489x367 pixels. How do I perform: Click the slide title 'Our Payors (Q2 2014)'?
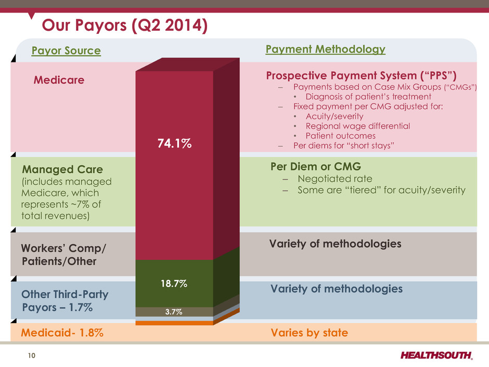tap(125, 26)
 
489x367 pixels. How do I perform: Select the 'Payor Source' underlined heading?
tap(66, 50)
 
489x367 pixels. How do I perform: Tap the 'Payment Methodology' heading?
tap(325, 49)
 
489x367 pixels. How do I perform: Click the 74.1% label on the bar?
tap(174, 143)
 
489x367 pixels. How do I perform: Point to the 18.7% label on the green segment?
tap(174, 283)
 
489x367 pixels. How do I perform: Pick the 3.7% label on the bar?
tap(174, 311)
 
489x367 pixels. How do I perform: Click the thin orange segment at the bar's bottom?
tap(174, 323)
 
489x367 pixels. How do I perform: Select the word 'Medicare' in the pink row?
tap(59, 80)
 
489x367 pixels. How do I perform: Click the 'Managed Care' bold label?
tap(62, 169)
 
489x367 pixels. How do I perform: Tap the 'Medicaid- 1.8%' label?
tap(62, 333)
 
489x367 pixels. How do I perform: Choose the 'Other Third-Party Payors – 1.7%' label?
tap(65, 301)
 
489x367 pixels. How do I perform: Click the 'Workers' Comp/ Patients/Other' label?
tap(63, 255)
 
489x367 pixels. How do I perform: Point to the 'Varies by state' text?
tap(310, 333)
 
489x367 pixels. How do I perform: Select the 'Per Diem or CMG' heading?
tap(316, 167)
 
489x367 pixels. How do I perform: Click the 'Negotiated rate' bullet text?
tap(335, 179)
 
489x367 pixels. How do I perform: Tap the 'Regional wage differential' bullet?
tap(358, 126)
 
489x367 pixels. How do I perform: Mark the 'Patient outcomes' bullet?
tap(341, 136)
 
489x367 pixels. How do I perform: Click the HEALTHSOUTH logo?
tap(436, 355)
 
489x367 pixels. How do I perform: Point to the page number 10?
tap(32, 356)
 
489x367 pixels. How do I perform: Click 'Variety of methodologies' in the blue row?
tap(337, 289)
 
